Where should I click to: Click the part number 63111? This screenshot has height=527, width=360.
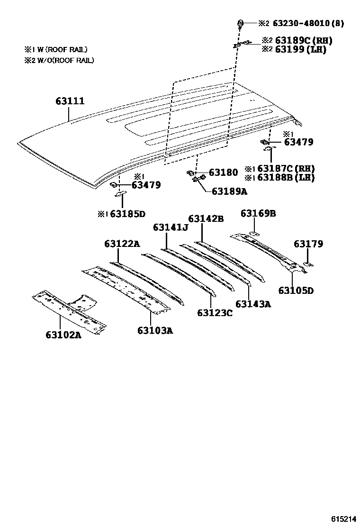(70, 101)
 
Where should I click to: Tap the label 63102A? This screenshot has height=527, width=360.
(63, 335)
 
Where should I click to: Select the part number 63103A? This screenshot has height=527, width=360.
(155, 330)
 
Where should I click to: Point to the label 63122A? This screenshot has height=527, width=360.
(122, 244)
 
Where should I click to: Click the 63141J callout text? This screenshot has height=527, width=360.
(171, 228)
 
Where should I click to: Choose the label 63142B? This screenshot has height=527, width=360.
(206, 218)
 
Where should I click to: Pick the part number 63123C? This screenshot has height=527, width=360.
(215, 312)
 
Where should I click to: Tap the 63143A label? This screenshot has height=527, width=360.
(253, 304)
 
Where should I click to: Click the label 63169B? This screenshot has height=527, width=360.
(258, 213)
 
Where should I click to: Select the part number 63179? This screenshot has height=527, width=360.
(308, 244)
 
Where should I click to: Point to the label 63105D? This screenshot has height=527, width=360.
(296, 290)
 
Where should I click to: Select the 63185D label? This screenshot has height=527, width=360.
(127, 214)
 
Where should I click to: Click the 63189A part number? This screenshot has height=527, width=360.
(230, 191)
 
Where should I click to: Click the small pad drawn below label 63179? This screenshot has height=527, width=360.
(307, 264)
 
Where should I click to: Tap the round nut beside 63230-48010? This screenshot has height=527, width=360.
(241, 23)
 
